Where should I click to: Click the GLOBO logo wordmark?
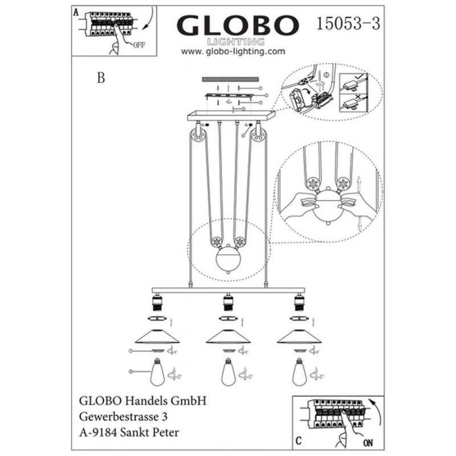(238, 26)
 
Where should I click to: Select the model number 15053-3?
(348, 23)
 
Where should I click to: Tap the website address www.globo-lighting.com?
(233, 51)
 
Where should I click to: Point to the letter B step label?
(101, 78)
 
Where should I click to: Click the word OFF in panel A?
(139, 46)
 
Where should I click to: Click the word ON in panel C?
(368, 443)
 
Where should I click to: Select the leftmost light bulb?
(157, 372)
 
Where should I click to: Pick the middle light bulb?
(229, 372)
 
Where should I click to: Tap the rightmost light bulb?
(300, 372)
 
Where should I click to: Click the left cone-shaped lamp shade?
(157, 336)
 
